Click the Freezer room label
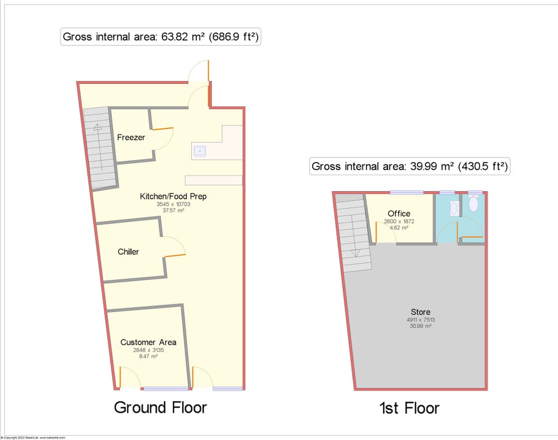131,138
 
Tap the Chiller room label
128,252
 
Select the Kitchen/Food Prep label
173,197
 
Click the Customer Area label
148,343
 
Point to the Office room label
399,213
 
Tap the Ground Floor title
160,407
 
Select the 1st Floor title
410,408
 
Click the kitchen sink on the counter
200,150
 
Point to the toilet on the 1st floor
473,204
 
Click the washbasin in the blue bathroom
453,208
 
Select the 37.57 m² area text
173,210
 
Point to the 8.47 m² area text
148,357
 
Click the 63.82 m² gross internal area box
160,37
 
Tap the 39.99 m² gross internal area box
410,167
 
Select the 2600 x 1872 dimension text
399,221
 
